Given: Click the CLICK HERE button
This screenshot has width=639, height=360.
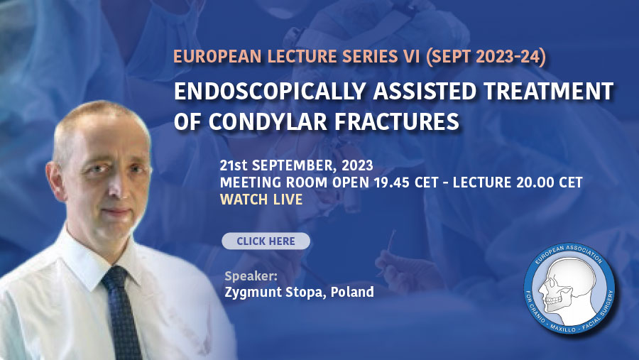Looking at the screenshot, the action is [x=266, y=241].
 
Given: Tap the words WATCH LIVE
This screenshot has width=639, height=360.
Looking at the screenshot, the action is [x=261, y=200].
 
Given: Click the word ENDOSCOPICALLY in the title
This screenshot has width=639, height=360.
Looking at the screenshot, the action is [x=269, y=91].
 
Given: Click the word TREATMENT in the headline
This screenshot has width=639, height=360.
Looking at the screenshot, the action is [x=548, y=91].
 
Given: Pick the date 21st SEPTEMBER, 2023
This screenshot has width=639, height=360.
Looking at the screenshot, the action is [x=296, y=165].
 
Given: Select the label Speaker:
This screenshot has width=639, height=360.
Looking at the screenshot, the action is [x=251, y=276].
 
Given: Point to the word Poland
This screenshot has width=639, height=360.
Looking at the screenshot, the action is [x=352, y=292].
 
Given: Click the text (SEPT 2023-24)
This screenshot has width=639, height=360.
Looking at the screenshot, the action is [x=486, y=57].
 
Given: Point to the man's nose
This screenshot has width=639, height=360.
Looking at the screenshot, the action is [x=116, y=187].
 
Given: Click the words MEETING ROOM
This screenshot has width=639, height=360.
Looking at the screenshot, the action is [x=273, y=182].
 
